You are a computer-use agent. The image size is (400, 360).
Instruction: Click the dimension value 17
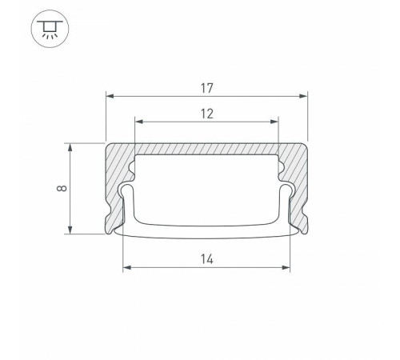pos(207,89)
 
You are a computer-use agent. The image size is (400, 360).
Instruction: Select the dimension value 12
pos(207,114)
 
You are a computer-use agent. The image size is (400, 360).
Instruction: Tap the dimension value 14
pos(207,259)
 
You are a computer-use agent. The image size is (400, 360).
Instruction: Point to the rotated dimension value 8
pos(62,188)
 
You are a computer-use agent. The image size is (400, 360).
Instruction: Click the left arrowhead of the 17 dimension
pos(110,96)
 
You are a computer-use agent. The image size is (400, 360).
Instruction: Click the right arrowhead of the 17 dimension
pos(303,96)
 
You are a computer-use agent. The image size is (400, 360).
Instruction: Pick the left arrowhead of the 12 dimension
pos(139,122)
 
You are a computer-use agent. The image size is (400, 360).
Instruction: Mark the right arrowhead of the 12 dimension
pos(274,122)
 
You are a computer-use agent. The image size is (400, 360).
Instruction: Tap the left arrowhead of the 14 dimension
pos(127,267)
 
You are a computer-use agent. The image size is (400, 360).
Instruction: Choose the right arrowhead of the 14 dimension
pos(286,267)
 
